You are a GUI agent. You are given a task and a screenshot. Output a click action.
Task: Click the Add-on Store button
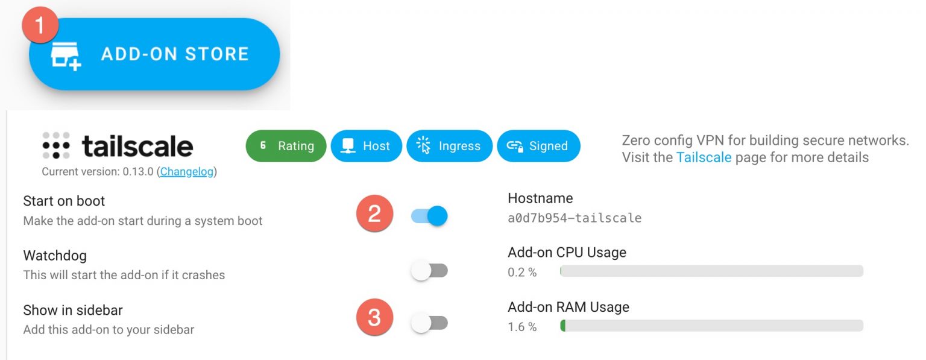[x=154, y=54]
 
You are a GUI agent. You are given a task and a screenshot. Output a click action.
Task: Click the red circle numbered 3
[x=374, y=317]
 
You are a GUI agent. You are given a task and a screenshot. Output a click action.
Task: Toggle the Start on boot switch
[x=429, y=215]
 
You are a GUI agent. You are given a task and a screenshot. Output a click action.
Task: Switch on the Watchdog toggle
[x=429, y=270]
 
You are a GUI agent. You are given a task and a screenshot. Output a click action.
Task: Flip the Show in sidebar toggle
[x=429, y=323]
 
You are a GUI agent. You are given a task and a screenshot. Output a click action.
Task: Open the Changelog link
[x=187, y=172]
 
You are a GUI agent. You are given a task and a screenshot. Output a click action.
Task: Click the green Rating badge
[x=286, y=146]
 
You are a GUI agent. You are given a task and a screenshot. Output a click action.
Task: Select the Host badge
[x=366, y=146]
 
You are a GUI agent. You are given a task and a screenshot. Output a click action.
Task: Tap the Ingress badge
[x=449, y=146]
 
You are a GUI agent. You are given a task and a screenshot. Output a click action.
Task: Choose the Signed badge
[x=538, y=146]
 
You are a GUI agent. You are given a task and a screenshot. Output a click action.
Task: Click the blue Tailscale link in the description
[x=704, y=158]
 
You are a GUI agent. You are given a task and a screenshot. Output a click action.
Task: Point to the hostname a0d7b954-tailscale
[x=575, y=218]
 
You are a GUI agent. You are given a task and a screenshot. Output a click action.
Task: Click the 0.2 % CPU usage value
[x=522, y=273]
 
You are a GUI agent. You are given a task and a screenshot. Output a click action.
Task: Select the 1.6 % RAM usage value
[x=522, y=327]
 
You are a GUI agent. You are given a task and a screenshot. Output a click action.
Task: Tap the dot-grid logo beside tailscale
[x=56, y=145]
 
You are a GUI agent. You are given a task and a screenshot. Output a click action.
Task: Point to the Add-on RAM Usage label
[x=569, y=308]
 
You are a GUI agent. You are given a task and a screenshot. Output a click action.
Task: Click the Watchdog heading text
[x=55, y=256]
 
